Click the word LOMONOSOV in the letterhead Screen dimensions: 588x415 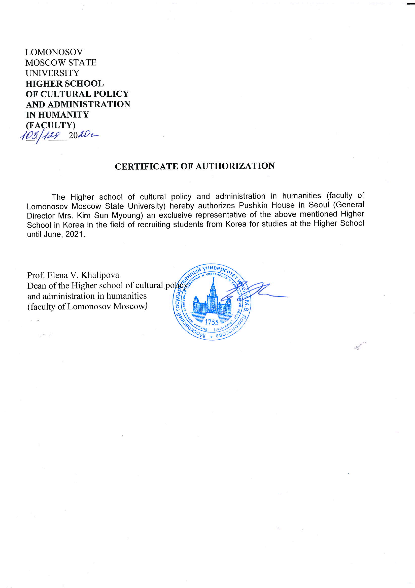54,52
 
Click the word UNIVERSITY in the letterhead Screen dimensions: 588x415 53,73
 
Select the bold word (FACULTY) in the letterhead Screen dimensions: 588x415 51,125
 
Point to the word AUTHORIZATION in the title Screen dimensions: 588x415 235,166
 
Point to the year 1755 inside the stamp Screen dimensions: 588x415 212,322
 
